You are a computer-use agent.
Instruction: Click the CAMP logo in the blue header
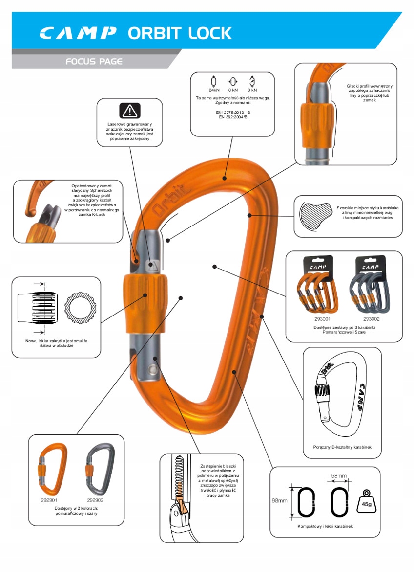pyautogui.click(x=78, y=33)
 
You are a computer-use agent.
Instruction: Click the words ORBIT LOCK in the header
pyautogui.click(x=179, y=33)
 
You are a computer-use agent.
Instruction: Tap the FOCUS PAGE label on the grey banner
pyautogui.click(x=94, y=62)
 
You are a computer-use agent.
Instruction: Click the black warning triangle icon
pyautogui.click(x=130, y=111)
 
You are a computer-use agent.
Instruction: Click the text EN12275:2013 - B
pyautogui.click(x=233, y=112)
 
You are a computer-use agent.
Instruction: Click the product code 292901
pyautogui.click(x=49, y=500)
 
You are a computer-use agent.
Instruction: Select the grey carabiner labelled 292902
pyautogui.click(x=99, y=470)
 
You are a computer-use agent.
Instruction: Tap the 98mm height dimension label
pyautogui.click(x=279, y=500)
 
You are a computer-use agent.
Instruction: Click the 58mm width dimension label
pyautogui.click(x=338, y=475)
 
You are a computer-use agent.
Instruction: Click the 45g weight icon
pyautogui.click(x=367, y=501)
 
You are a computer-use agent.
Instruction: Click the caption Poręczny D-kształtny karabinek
pyautogui.click(x=342, y=447)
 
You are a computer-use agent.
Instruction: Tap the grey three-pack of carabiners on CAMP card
pyautogui.click(x=370, y=291)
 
